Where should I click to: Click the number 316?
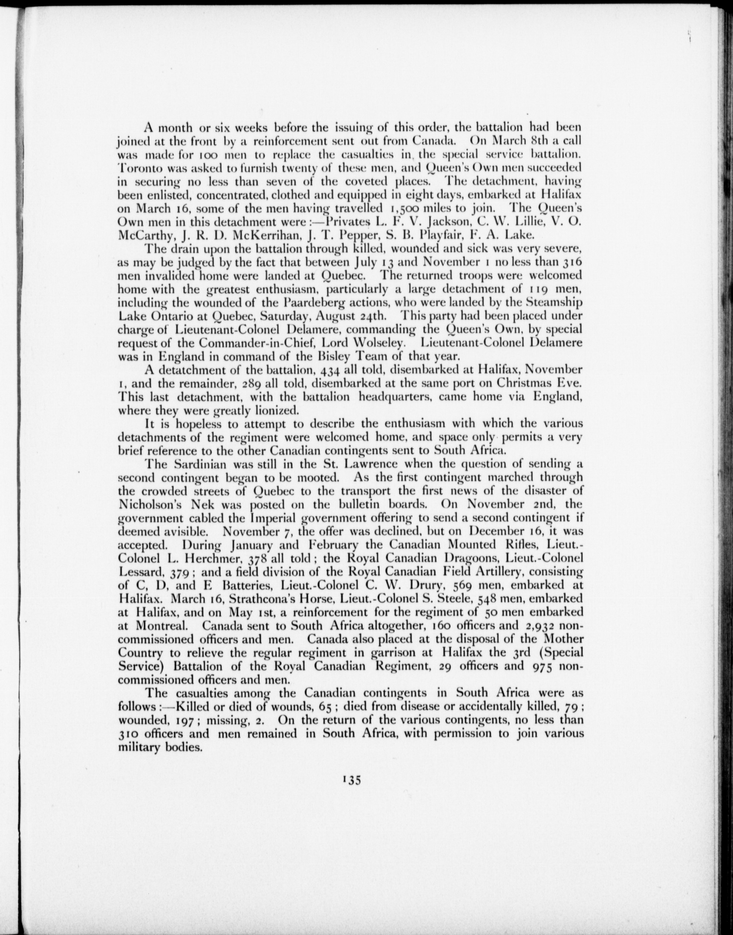570,261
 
